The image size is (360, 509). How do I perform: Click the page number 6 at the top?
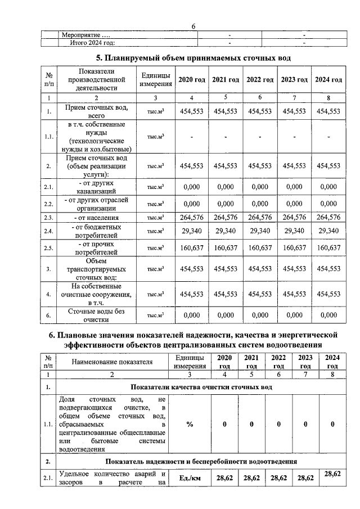pyautogui.click(x=193, y=26)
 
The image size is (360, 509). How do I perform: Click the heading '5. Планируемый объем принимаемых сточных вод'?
pyautogui.click(x=193, y=58)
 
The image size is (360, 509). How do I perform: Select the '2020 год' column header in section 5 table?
pyautogui.click(x=192, y=80)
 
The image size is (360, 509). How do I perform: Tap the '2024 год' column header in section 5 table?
pyautogui.click(x=328, y=80)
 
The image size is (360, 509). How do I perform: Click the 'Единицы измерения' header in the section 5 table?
pyautogui.click(x=156, y=80)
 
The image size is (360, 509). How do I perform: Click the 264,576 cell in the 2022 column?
pyautogui.click(x=260, y=218)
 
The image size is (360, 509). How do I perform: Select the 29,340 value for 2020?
pyautogui.click(x=192, y=231)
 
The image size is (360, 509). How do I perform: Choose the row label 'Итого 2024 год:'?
pyautogui.click(x=92, y=42)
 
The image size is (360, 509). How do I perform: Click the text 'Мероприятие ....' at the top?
pyautogui.click(x=85, y=36)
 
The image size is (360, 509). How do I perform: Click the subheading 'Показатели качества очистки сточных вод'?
pyautogui.click(x=201, y=387)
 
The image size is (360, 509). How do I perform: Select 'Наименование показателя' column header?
pyautogui.click(x=112, y=362)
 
